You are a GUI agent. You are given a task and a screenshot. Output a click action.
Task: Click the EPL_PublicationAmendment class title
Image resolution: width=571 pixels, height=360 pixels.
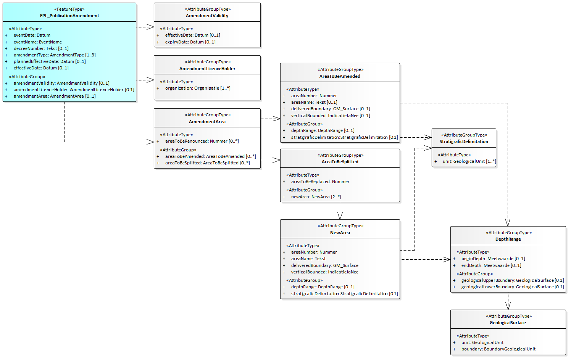click(x=69, y=16)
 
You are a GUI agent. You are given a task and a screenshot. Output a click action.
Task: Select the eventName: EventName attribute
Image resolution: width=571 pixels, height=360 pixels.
click(x=37, y=42)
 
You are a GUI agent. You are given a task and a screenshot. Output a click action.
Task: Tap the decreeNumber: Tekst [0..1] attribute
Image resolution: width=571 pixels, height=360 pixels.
click(x=41, y=48)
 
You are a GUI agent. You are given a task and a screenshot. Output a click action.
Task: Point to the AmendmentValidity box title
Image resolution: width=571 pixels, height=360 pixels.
click(x=207, y=16)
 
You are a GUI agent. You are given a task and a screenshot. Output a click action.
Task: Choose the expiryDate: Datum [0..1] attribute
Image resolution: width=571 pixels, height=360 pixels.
click(x=190, y=42)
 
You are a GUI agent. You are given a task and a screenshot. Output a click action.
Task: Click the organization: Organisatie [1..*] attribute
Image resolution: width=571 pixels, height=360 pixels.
click(x=197, y=88)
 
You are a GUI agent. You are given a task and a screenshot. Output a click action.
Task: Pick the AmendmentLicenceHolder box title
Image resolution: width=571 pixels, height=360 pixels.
click(x=207, y=69)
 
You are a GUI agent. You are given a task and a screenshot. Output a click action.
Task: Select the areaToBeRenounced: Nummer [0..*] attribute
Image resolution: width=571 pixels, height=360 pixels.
click(x=202, y=141)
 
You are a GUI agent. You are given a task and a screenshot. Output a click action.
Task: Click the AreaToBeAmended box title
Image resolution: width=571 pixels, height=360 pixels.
click(x=340, y=76)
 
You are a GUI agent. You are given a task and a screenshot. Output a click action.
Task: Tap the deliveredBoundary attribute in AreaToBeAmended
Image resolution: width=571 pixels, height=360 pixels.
click(x=330, y=109)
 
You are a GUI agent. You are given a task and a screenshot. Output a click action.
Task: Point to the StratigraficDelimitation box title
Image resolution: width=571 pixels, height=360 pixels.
click(x=464, y=141)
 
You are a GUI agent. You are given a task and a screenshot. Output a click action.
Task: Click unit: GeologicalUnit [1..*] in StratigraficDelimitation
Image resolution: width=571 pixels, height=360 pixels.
click(x=469, y=161)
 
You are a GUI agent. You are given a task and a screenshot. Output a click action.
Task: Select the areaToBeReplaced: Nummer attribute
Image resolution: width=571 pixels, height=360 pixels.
click(x=320, y=182)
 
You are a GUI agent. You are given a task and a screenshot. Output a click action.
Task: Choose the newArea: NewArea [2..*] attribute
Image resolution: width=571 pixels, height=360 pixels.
click(x=316, y=197)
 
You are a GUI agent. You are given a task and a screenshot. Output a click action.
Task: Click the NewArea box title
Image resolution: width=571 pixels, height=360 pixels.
click(x=340, y=233)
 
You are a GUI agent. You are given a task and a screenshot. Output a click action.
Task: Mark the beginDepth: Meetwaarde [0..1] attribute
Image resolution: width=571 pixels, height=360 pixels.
click(x=493, y=259)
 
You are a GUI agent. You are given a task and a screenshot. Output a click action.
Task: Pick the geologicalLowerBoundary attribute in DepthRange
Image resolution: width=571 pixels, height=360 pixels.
click(x=512, y=287)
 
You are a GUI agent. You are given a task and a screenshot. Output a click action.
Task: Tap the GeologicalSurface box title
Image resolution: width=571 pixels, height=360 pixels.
click(x=508, y=323)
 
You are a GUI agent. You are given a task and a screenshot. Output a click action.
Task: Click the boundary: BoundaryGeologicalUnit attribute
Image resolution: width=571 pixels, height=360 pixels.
click(x=498, y=349)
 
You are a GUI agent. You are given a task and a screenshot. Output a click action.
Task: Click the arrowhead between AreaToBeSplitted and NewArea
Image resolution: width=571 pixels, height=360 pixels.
click(x=340, y=216)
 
